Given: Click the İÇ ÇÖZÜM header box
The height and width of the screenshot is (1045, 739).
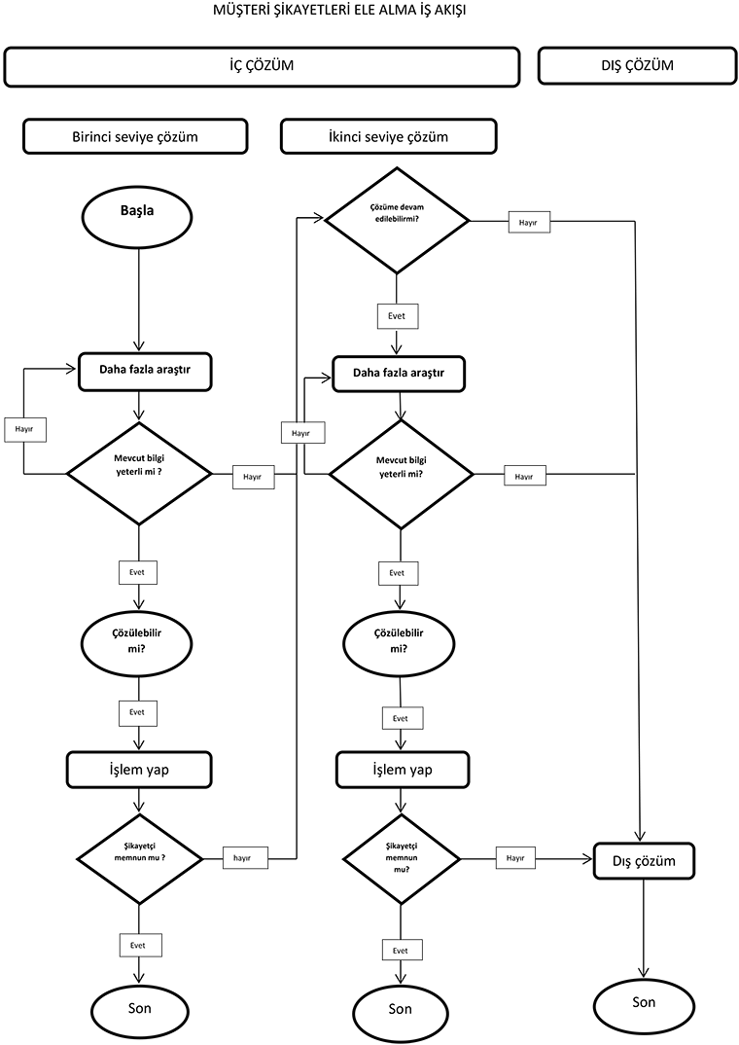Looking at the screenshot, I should click(x=261, y=66).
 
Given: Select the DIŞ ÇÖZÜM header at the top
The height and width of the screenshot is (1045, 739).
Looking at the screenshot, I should click(x=637, y=66).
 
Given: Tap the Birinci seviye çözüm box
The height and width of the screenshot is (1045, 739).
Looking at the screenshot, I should click(x=135, y=136).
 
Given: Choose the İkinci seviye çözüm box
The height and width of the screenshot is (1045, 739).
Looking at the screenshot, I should click(x=388, y=136).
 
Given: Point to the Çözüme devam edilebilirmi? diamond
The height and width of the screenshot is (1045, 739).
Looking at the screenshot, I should click(x=396, y=220).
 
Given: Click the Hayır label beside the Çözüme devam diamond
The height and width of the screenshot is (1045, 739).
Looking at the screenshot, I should click(x=528, y=222).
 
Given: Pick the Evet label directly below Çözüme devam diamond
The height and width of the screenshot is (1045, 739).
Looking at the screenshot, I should click(x=397, y=316).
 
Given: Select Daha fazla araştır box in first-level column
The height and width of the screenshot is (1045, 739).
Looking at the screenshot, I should click(x=145, y=371).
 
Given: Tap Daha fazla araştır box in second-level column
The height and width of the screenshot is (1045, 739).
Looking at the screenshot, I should click(x=399, y=373).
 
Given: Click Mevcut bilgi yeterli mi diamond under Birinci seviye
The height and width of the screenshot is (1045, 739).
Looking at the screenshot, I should click(x=139, y=474).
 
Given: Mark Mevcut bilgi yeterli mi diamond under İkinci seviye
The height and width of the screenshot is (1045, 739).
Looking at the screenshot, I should click(x=401, y=474).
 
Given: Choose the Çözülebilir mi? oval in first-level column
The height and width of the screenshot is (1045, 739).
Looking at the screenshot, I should click(x=137, y=643).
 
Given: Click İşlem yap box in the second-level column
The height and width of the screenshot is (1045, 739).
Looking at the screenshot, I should click(x=403, y=770).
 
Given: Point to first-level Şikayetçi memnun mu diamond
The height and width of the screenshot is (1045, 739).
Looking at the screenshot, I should click(x=139, y=858).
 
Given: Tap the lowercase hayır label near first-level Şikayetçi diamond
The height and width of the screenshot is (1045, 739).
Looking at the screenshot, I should click(x=244, y=857).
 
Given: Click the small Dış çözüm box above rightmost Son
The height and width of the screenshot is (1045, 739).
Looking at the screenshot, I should click(x=644, y=861).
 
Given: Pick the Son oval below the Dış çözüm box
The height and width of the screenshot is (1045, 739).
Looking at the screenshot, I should click(x=644, y=1004).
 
